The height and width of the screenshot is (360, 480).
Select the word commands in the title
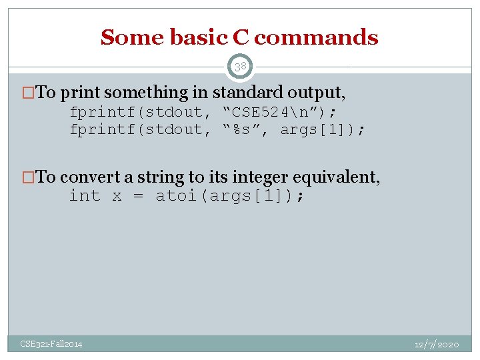tap(316, 38)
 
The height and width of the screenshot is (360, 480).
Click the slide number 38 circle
tap(240, 67)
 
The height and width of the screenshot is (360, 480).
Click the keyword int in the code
tap(85, 196)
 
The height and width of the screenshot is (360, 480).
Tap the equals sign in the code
tap(137, 196)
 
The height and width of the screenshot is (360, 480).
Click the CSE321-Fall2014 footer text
tap(51, 344)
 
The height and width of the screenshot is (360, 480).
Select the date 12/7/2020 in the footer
tap(436, 344)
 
